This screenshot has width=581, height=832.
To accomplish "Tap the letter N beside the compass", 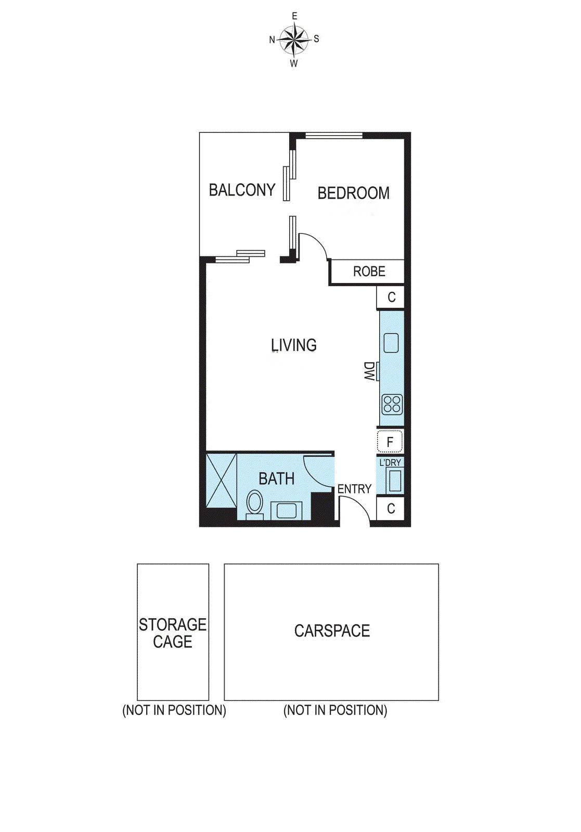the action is point(272,40).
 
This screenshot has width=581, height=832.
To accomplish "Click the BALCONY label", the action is point(242,190).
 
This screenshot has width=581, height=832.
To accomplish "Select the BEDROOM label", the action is point(353,193).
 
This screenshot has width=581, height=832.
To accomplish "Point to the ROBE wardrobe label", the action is point(369,271).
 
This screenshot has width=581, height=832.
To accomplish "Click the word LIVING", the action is point(294,345).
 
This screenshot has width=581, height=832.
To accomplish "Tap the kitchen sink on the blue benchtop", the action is point(391,343).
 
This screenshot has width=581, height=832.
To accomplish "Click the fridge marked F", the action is point(390,442).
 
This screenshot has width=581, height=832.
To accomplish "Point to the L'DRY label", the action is point(390,462).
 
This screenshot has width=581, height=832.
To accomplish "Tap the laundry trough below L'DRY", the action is point(394,480).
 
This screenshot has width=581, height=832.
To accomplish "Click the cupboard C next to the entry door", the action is point(391,508).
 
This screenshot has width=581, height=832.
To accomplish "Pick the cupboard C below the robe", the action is point(391,297).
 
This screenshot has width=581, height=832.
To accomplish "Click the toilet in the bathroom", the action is point(254,505).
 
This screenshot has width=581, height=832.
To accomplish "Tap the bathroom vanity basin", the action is point(286,510).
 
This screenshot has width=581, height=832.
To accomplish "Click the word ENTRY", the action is point(354,489).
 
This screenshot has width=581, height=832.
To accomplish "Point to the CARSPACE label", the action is point(332,631).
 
